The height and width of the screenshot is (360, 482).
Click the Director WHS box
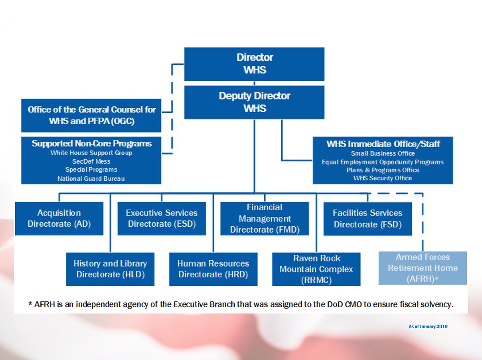(x=254, y=64)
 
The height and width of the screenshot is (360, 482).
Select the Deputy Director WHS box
(x=254, y=102)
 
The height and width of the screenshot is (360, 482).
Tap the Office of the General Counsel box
(x=91, y=115)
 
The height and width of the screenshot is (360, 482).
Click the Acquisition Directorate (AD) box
(x=59, y=219)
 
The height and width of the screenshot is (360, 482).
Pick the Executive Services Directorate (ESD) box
(x=161, y=219)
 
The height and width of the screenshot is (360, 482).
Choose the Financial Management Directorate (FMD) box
(x=264, y=219)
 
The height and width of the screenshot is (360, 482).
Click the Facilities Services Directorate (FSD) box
(x=367, y=219)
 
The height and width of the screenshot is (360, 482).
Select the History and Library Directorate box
(x=110, y=269)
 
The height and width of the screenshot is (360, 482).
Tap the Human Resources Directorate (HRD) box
(x=213, y=269)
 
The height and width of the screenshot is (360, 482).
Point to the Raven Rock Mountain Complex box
(x=316, y=269)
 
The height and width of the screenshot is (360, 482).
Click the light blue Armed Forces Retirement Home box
(x=423, y=268)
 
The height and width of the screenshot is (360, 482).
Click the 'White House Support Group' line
(x=91, y=153)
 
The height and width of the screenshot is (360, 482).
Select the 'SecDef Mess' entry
(x=91, y=161)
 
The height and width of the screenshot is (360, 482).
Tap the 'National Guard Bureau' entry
(x=91, y=179)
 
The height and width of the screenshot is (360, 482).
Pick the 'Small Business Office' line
(x=383, y=153)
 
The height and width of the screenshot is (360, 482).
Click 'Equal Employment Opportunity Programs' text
(x=383, y=162)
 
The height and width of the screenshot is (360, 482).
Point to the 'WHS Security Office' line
(x=383, y=178)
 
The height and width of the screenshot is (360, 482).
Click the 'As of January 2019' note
(x=428, y=326)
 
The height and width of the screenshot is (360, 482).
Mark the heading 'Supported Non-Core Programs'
(x=91, y=144)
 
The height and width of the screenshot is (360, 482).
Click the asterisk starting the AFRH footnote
(x=30, y=304)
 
